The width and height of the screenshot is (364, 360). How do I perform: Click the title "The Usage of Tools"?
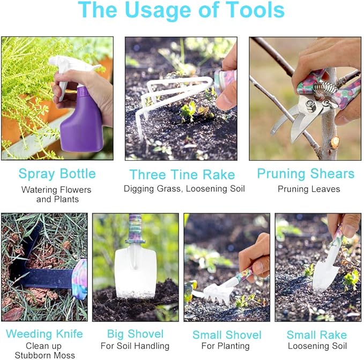[x=181, y=11]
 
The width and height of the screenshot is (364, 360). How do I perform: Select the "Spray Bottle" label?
[x=57, y=174]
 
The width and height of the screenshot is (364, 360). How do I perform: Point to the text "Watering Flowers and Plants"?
[x=57, y=194]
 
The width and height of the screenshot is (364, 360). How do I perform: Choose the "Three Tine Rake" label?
[x=182, y=174]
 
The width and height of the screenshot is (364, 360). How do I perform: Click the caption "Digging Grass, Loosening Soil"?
[x=184, y=189]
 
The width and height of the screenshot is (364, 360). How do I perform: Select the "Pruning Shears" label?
[x=306, y=174]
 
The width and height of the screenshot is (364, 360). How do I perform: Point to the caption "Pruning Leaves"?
[x=308, y=189]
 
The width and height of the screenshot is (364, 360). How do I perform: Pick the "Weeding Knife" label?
[x=44, y=334]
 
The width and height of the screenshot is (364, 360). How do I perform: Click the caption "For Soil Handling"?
[x=135, y=346]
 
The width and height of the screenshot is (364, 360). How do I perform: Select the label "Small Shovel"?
[x=227, y=335]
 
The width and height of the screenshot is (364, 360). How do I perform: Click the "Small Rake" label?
[x=316, y=335]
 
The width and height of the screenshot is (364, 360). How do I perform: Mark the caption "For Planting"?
[x=227, y=346]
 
